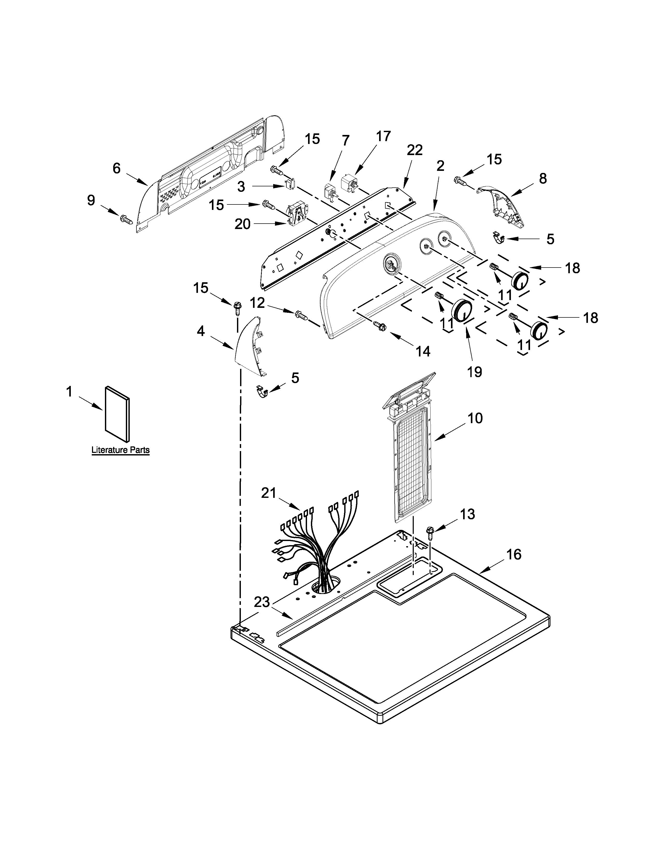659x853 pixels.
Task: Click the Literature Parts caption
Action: (120, 450)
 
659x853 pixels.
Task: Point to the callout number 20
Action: (242, 224)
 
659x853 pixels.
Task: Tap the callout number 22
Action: (415, 150)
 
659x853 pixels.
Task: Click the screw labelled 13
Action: (431, 532)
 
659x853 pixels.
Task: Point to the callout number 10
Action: (475, 418)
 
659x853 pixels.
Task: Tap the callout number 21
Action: (269, 493)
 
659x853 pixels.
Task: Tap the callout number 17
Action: (383, 136)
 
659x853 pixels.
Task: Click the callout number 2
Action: (440, 166)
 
